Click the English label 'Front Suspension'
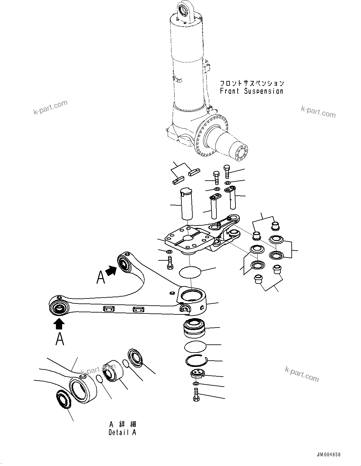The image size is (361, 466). click(x=251, y=91)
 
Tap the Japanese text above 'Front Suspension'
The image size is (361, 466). click(x=252, y=83)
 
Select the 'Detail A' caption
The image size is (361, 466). click(x=122, y=433)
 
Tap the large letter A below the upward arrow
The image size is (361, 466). click(x=60, y=339)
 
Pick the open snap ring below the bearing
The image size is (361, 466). click(x=197, y=361)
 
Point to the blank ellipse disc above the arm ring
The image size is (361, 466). click(x=190, y=271)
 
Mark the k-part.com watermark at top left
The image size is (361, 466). click(x=50, y=108)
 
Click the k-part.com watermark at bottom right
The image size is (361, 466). click(x=302, y=374)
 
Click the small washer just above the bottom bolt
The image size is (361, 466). click(x=195, y=383)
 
